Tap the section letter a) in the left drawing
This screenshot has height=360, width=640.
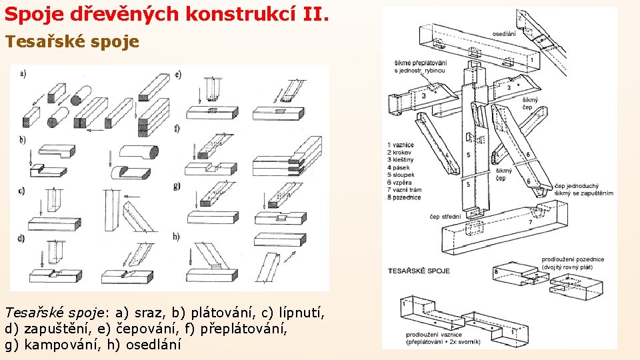click(23, 73)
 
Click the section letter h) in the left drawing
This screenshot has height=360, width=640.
click(177, 236)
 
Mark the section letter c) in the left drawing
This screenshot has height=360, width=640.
click(22, 191)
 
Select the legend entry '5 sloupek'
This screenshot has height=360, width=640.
click(401, 175)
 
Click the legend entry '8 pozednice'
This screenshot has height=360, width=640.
click(403, 197)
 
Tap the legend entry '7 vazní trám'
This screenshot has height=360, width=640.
click(405, 190)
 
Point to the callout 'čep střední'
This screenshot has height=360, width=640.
click(445, 216)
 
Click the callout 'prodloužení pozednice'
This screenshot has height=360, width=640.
click(573, 259)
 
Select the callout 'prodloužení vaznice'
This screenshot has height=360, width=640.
click(433, 335)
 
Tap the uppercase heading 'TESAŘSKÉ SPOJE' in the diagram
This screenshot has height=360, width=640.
click(419, 271)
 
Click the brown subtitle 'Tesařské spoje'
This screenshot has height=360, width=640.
click(72, 42)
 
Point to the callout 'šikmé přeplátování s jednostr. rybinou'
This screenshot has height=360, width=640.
click(420, 67)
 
